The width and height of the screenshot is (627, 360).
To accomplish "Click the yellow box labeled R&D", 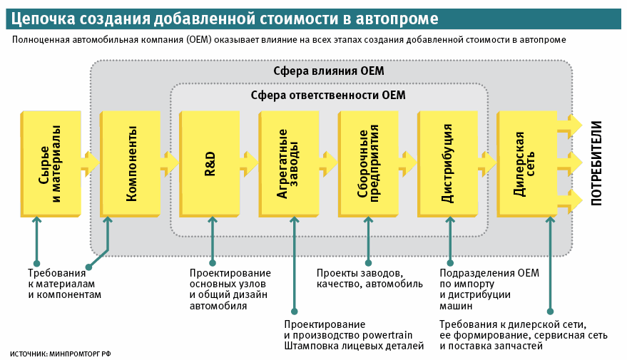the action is pos(210,164).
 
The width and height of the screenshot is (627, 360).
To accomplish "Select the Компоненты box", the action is pos(131,164).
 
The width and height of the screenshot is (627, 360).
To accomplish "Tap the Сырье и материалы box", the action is pos(51,164).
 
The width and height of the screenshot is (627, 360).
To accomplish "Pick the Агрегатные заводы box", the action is pos(289,164).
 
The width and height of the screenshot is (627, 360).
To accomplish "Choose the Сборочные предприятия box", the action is pos(368,164).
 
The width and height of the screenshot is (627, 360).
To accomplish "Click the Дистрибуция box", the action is pos(448,164).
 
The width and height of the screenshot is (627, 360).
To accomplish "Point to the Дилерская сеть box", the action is pos(527,164).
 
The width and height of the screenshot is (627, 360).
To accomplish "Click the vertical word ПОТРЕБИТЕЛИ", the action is pos(596,163).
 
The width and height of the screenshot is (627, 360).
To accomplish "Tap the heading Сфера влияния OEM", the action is pos(329,71).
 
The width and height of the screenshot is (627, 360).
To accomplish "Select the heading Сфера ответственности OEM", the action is pos(328,95).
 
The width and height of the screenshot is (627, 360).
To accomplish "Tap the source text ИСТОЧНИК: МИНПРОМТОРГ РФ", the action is pos(61,354).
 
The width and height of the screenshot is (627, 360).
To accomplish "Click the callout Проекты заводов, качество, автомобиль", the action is pos(369,279).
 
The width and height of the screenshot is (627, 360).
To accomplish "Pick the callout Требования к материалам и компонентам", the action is pos(64,284).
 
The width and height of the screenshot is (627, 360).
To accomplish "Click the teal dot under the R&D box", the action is pos(213,263).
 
